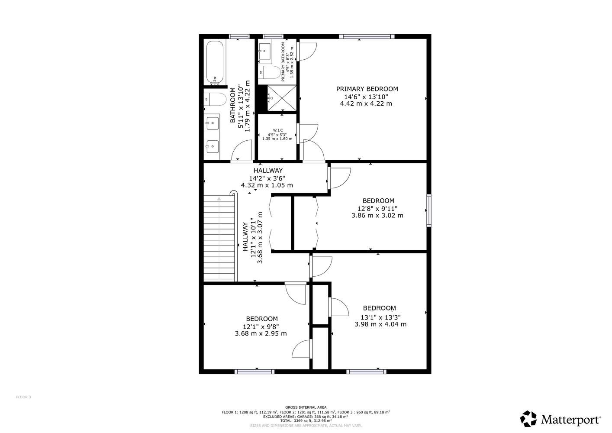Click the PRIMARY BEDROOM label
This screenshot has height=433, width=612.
(x=367, y=89)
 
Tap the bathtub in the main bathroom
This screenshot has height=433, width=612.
(x=215, y=62)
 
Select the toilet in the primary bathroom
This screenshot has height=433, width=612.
(x=269, y=72)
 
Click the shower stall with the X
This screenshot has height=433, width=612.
(x=282, y=98)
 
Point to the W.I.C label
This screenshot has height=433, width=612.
(x=278, y=130)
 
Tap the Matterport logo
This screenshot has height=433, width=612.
(x=560, y=419)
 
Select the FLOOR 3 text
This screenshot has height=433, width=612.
(x=23, y=397)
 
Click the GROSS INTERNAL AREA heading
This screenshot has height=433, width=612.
(x=306, y=407)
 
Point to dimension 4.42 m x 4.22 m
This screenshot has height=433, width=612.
(x=366, y=103)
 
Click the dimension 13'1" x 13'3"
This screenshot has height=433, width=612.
(x=380, y=317)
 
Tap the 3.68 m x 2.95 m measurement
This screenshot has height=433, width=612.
(x=261, y=333)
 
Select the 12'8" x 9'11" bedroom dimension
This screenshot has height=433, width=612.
(x=377, y=209)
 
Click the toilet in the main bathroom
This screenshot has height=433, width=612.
(x=215, y=100)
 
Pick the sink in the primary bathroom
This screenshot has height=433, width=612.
(x=264, y=51)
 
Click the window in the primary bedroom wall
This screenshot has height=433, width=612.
(x=367, y=36)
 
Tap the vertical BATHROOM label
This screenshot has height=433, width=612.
(x=233, y=105)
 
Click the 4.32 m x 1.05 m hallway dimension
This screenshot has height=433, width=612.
(x=267, y=185)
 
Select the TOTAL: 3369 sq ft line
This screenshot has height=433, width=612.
(x=306, y=421)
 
